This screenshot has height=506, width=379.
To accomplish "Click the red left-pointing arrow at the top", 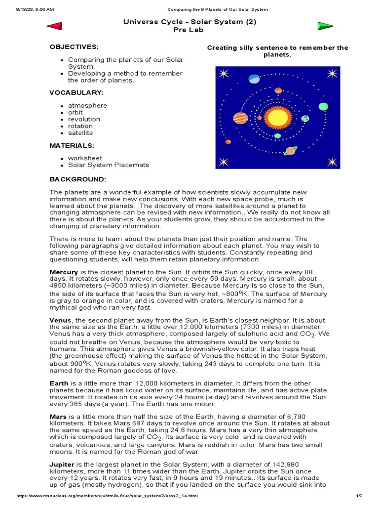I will coord(54,26).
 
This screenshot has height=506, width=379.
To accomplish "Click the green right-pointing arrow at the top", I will coord(325,26).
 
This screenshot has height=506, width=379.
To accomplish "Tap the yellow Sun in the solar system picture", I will coord(275,117).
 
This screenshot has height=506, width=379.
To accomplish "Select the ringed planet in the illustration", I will coord(291,150).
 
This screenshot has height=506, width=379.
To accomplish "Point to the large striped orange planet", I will coord(240,118).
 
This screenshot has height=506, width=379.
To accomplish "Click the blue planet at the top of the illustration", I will coord(254,79).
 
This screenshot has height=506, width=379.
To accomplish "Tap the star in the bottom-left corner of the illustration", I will coord(224,161).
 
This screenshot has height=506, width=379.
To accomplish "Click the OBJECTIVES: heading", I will coord(74,47).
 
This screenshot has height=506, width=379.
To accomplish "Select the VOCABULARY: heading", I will coord(76,92).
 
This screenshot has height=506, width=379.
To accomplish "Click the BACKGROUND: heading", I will coord(77,179).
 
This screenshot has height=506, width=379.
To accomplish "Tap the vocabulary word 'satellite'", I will coord(80,133).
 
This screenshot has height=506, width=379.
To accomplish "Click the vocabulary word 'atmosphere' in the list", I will coord(87,105).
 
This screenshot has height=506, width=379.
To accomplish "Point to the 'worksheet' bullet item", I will coord(85,158).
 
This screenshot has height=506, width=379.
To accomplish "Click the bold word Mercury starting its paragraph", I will coord(64,272).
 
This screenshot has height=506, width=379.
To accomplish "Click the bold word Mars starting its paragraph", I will coord(58,417).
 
